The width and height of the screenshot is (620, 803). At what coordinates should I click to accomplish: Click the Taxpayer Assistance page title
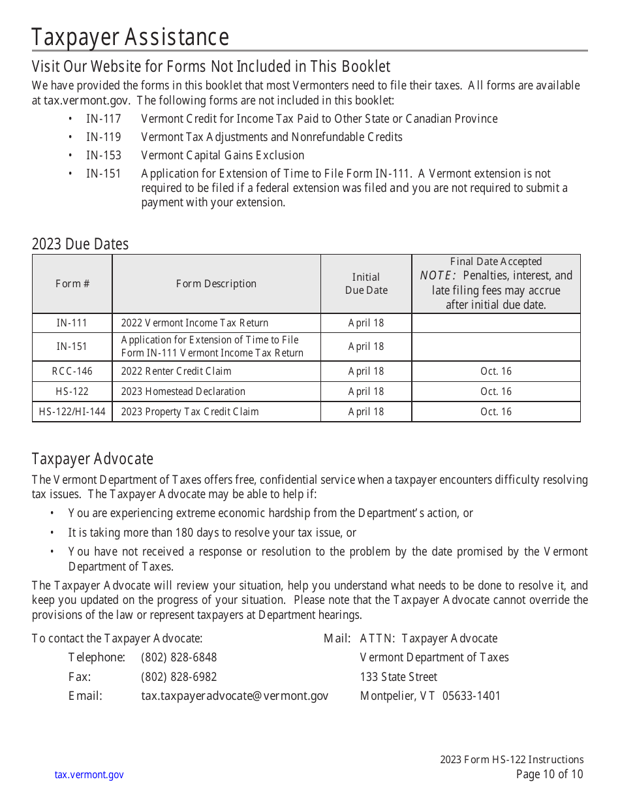pos(130,37)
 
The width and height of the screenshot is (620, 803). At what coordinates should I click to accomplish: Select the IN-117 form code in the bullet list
pos(103,119)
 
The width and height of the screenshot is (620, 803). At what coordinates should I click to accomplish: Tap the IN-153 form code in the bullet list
pos(103,155)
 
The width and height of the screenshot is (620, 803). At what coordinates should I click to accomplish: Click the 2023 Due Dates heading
pos(80,244)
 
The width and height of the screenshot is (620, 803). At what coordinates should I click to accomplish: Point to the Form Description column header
pos(216,283)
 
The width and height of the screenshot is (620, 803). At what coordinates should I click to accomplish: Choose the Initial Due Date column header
pos(365,283)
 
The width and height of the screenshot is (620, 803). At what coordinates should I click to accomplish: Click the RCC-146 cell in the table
pos(72,371)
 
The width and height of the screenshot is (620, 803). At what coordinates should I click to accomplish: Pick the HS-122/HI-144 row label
pos(72,412)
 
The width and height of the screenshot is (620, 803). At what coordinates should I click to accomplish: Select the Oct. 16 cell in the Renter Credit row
pos(495,371)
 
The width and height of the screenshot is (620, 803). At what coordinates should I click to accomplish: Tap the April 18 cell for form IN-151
pos(365,347)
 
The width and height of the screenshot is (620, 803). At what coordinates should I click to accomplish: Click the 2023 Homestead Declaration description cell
pos(183,392)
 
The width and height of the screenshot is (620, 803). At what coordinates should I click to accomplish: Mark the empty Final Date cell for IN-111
pos(495,323)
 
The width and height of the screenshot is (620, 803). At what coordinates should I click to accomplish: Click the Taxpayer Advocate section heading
pos(92,459)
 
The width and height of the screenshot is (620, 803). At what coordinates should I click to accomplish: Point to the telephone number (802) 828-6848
pos(179,657)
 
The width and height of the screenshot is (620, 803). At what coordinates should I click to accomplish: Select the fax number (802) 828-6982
pos(179,677)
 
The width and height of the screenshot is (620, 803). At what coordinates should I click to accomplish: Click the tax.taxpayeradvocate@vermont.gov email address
pos(234,696)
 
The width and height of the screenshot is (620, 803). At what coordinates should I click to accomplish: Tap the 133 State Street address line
pos(398,677)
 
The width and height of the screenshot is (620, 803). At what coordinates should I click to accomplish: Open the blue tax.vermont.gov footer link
pos(89,775)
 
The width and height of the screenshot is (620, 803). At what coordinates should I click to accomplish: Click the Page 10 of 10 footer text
pos(549,775)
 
